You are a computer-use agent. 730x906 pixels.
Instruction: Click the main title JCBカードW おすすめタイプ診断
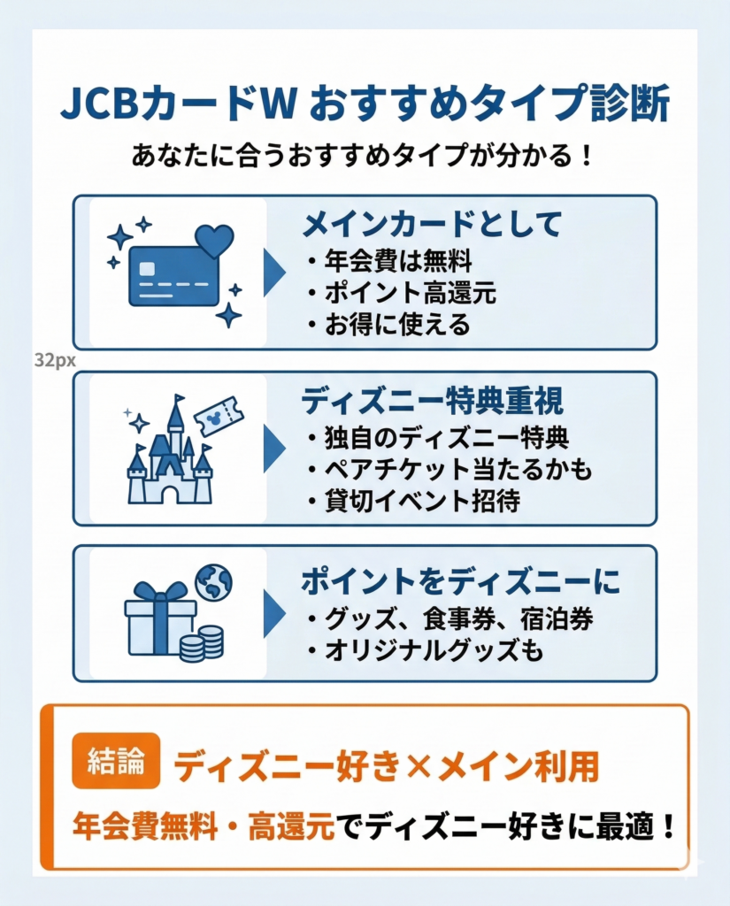[x=365, y=104]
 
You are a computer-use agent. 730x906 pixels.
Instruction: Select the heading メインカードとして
[x=432, y=226]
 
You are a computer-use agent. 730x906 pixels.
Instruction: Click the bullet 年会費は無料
[x=389, y=261]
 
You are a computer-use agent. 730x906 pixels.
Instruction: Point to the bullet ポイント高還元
[x=402, y=293]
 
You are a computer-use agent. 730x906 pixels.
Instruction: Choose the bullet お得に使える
[x=389, y=325]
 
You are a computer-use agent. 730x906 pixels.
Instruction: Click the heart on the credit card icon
[x=214, y=240]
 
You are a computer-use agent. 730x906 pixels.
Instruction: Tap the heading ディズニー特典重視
[x=432, y=402]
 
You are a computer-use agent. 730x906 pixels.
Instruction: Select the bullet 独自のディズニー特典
[x=439, y=437]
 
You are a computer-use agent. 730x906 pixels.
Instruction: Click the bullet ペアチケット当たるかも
[x=449, y=469]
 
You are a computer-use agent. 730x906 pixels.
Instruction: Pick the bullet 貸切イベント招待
[x=414, y=502]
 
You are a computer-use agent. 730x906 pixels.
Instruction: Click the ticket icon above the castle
[x=218, y=416]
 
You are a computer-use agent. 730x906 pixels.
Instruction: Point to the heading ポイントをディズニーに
[x=460, y=581]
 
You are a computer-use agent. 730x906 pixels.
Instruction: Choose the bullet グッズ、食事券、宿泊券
[x=451, y=618]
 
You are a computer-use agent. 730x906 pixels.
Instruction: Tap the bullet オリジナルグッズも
[x=425, y=651]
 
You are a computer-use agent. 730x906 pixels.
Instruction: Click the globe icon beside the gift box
[x=213, y=582]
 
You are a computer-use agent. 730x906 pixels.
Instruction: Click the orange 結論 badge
[x=116, y=761]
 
